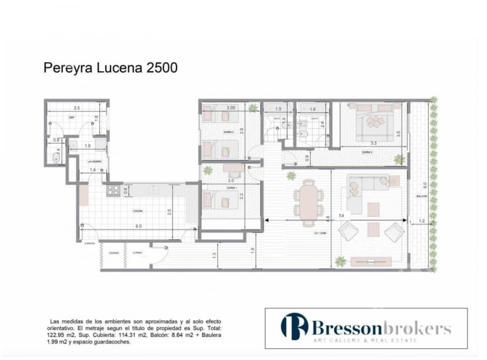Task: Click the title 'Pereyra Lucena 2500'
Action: click(111, 68)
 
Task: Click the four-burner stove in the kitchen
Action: click(113, 190)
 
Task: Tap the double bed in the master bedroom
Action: click(374, 121)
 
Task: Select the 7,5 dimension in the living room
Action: click(341, 216)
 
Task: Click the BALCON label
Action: click(421, 196)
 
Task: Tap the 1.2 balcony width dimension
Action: click(421, 221)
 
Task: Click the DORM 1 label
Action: click(230, 188)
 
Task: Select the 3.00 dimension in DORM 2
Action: click(231, 108)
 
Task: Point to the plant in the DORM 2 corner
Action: click(252, 108)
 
